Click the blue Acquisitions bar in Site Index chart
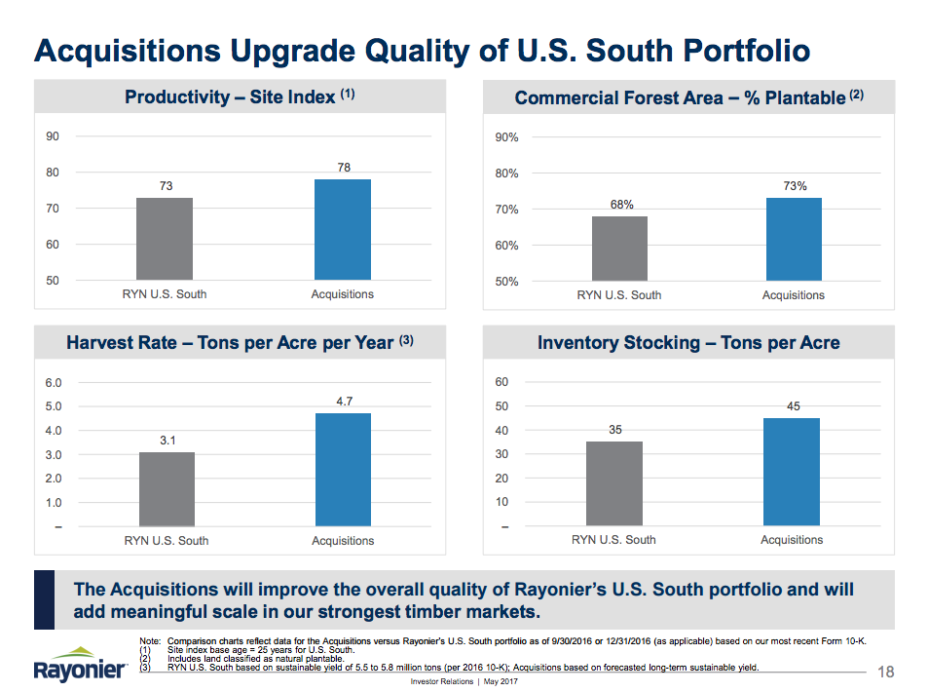tap(343, 229)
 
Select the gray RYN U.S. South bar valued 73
tap(164, 239)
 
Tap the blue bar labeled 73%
tap(794, 239)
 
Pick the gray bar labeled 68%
tap(619, 249)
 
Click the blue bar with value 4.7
tap(343, 470)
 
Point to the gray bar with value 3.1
tap(167, 489)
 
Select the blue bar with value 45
tap(791, 472)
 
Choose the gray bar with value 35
tap(613, 483)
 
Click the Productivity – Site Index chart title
tap(240, 97)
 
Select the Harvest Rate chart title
tap(240, 342)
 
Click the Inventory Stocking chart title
tap(688, 342)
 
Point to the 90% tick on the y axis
tap(506, 137)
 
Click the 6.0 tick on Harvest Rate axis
tap(54, 382)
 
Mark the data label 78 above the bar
tap(344, 168)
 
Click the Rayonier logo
tap(80, 665)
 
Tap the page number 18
tap(885, 672)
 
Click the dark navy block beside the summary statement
tap(44, 600)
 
